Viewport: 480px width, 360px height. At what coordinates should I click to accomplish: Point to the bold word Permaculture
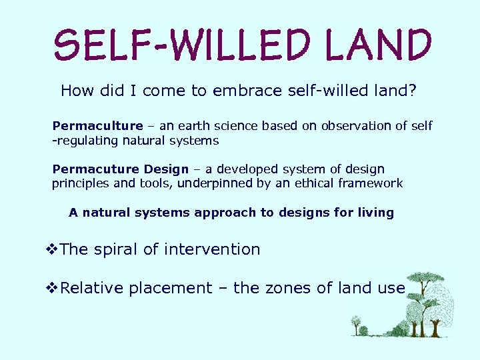[x=97, y=126]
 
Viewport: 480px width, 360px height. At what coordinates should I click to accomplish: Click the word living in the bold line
[x=375, y=213]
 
